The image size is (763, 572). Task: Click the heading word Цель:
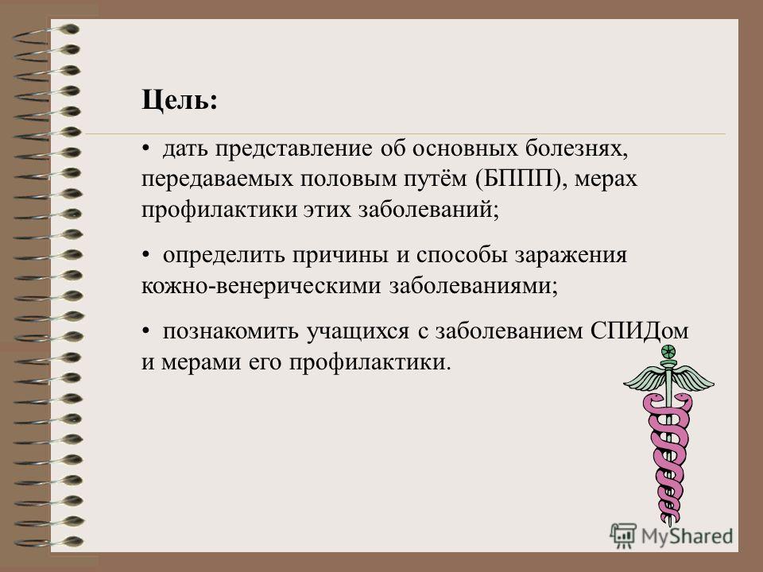click(x=179, y=101)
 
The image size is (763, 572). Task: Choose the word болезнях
click(x=577, y=149)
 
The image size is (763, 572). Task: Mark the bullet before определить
click(x=145, y=255)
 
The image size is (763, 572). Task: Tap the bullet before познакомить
click(x=145, y=330)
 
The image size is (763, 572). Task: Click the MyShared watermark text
click(x=687, y=536)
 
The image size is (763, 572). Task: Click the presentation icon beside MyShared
click(x=623, y=535)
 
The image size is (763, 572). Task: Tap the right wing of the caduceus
click(x=693, y=377)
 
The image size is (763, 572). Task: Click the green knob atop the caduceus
click(x=669, y=351)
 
